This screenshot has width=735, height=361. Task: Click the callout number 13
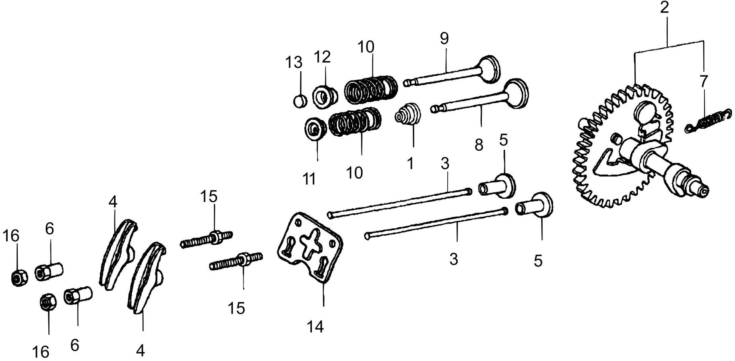[x=293, y=62]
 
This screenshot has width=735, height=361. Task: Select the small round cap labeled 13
[x=300, y=101]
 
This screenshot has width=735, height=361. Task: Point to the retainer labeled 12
[x=325, y=97]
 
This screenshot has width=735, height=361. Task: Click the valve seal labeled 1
[x=408, y=114]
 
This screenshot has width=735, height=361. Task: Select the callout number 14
[x=315, y=327]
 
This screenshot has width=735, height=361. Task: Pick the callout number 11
[x=309, y=179]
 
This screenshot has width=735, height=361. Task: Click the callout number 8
[x=479, y=145]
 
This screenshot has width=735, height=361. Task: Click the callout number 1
[x=410, y=164]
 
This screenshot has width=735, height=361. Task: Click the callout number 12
[x=322, y=57]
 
